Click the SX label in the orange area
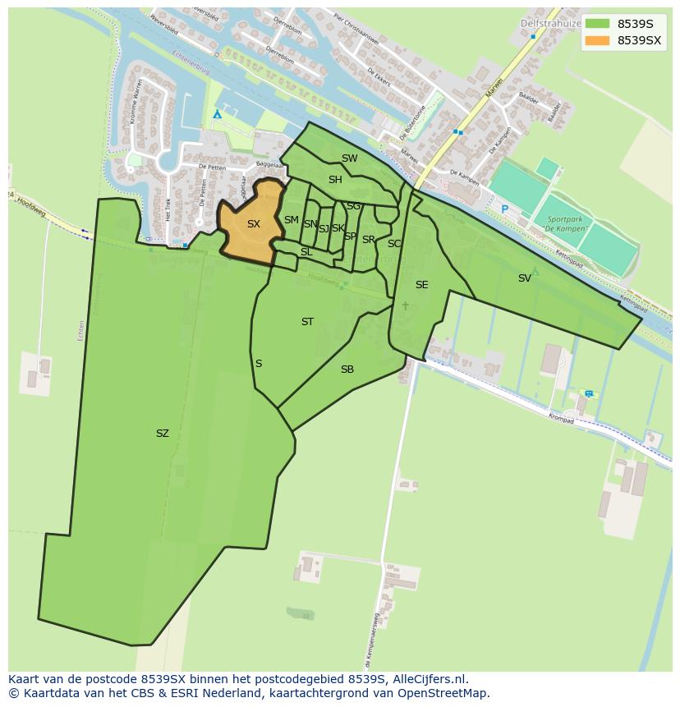253,224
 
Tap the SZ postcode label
162,434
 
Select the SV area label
524,278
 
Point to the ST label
307,322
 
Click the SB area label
347,370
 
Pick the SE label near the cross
421,285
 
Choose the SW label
349,158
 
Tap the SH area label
335,180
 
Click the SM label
291,220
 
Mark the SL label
306,252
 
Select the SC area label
394,244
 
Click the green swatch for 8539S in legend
597,24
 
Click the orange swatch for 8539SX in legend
597,40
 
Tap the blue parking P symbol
504,209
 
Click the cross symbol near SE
405,305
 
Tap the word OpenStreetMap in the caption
443,693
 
